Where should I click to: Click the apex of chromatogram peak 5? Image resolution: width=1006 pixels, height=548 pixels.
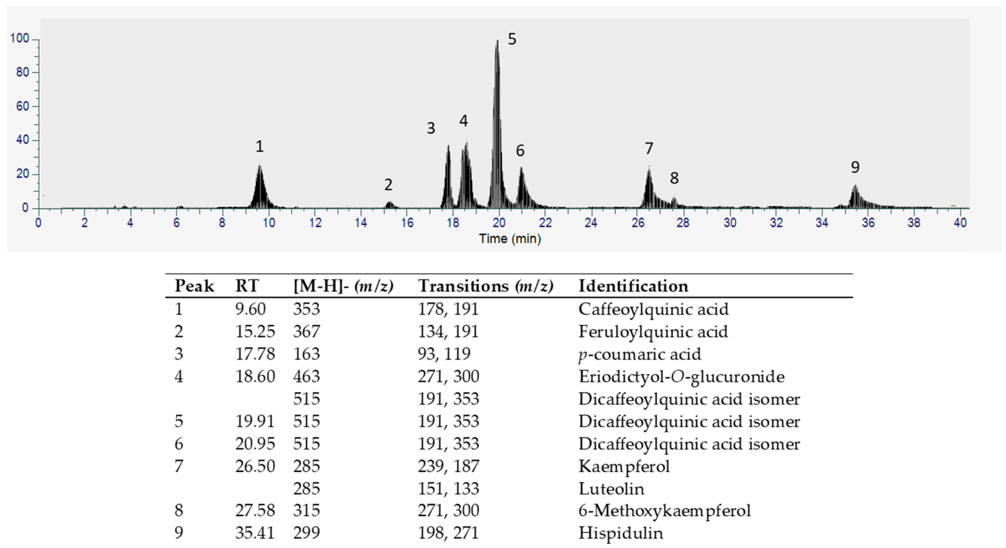(x=497, y=41)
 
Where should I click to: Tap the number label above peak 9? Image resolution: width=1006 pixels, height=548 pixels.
(x=855, y=167)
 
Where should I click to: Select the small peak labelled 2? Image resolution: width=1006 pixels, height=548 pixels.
(x=389, y=203)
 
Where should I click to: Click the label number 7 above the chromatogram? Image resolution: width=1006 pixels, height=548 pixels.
(x=649, y=149)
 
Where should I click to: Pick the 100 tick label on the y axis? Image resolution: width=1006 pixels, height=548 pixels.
(x=20, y=38)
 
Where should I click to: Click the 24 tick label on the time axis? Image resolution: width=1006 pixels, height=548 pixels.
(x=591, y=223)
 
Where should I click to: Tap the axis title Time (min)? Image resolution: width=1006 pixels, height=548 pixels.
(x=510, y=239)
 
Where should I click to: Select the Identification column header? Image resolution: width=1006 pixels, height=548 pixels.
(x=633, y=286)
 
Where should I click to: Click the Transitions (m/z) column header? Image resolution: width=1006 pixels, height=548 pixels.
(x=486, y=286)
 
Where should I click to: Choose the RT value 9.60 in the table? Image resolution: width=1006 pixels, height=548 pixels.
(x=250, y=309)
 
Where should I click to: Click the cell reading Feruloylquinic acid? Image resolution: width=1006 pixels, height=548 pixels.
(x=653, y=332)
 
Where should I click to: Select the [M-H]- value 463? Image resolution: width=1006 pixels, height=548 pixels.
(x=306, y=376)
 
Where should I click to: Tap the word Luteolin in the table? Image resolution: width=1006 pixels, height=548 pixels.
(x=611, y=489)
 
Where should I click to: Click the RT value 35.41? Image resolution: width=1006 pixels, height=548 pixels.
(x=255, y=533)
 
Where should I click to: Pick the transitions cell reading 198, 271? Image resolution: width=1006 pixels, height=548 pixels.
(x=448, y=533)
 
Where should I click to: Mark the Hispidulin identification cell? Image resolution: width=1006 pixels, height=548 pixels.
(x=620, y=533)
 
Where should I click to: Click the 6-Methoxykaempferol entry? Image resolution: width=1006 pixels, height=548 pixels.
(x=664, y=510)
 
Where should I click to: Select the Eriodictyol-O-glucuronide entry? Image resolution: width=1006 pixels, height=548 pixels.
(x=681, y=376)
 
